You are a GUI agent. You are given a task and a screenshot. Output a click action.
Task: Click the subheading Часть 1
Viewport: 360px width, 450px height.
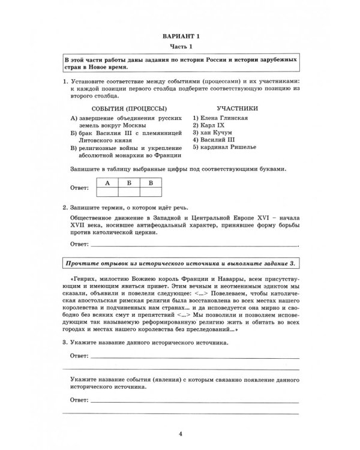[x=180, y=47]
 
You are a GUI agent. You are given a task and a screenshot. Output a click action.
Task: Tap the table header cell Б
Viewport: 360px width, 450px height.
[x=129, y=182]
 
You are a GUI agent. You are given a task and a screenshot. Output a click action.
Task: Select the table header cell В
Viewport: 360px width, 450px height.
[x=151, y=182]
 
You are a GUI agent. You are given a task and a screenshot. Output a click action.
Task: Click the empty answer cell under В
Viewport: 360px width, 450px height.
[x=151, y=192]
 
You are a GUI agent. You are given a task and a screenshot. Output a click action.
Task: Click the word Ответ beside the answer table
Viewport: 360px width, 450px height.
[x=79, y=188]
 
